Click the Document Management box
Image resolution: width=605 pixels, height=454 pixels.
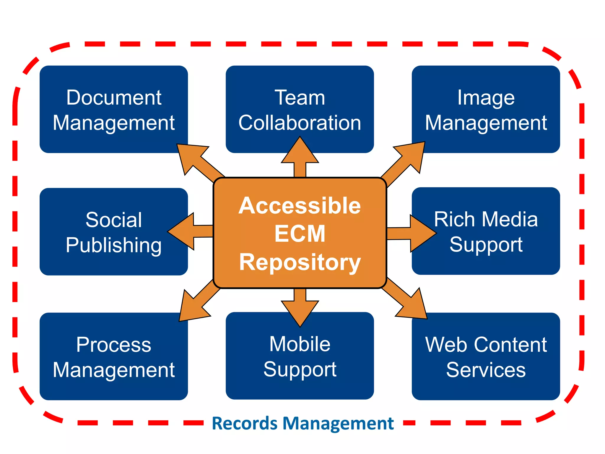(x=113, y=109)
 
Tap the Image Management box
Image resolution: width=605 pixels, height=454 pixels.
(x=486, y=109)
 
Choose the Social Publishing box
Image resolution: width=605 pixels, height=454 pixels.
(x=113, y=232)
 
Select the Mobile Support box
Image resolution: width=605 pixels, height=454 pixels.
(x=300, y=356)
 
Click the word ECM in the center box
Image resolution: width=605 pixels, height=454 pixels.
(x=300, y=234)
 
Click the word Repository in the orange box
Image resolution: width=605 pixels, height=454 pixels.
(x=300, y=262)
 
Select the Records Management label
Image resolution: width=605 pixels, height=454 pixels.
(x=302, y=423)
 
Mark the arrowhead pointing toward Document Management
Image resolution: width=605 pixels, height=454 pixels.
(x=189, y=155)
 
